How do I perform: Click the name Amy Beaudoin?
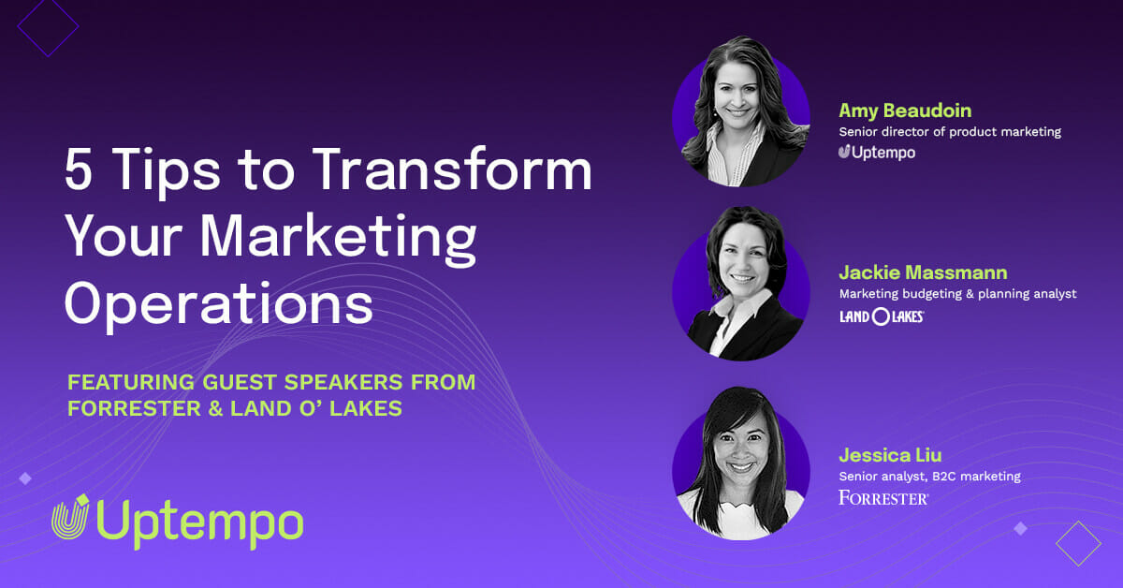coord(905,110)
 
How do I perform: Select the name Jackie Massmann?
coord(923,272)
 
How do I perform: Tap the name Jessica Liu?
coord(890,455)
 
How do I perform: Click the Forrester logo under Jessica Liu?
coord(883,498)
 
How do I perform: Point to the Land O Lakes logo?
coord(882,316)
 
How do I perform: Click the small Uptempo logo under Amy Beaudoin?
coord(877,152)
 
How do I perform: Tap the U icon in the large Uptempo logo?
coord(70,516)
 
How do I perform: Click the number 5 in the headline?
coord(79,169)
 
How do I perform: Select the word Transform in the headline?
coord(452,169)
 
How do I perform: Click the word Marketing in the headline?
coord(339,236)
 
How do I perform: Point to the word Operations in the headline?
coord(219,303)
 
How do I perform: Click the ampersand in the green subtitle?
coord(215,408)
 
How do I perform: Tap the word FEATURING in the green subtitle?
coord(131,382)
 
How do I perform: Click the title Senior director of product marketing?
coord(950,132)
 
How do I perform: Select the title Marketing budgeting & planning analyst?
coord(957,293)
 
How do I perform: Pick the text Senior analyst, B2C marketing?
coord(930,477)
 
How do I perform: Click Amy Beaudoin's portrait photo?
coord(741,111)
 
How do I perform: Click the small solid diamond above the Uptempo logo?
coord(25,478)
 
